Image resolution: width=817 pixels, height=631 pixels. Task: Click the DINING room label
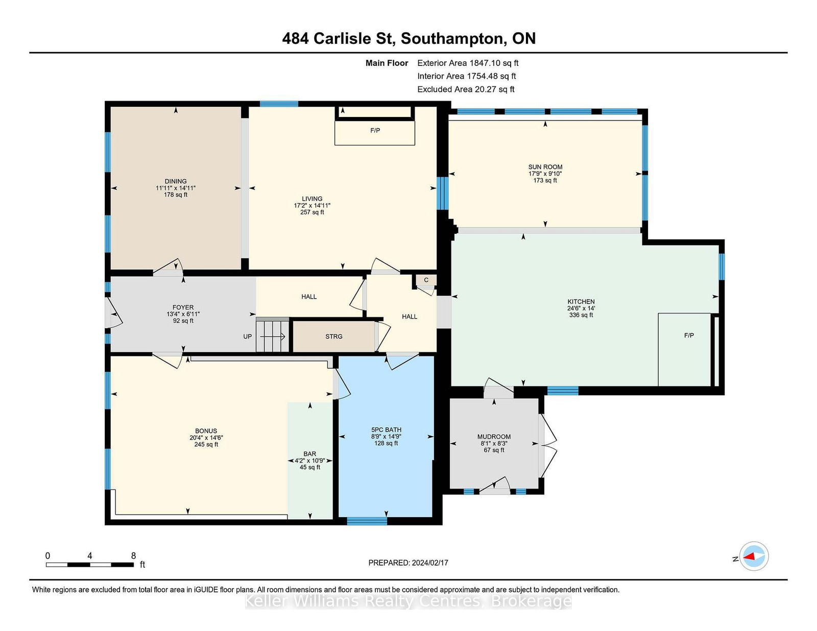(x=175, y=181)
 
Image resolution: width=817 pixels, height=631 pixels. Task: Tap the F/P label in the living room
(x=375, y=130)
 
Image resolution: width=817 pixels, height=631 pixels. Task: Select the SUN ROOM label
(x=545, y=167)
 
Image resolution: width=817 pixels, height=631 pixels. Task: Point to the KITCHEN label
(x=581, y=301)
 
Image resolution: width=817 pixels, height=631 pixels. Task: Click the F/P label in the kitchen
(x=689, y=335)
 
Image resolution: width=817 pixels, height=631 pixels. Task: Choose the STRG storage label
(x=334, y=336)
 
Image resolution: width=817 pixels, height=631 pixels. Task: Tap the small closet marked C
(x=426, y=280)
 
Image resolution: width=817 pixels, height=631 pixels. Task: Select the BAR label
(x=310, y=454)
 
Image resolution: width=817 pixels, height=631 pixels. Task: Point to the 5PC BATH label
(x=386, y=429)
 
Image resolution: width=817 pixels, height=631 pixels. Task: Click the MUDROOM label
(x=494, y=436)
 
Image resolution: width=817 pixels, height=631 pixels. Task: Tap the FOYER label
(x=183, y=307)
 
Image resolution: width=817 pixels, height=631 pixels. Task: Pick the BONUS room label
(x=206, y=431)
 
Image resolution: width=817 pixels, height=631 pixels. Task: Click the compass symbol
(x=754, y=556)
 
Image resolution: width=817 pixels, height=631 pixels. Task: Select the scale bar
(x=90, y=565)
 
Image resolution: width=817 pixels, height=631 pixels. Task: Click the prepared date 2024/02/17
(x=430, y=563)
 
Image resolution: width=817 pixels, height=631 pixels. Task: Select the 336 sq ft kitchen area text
(x=581, y=315)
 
